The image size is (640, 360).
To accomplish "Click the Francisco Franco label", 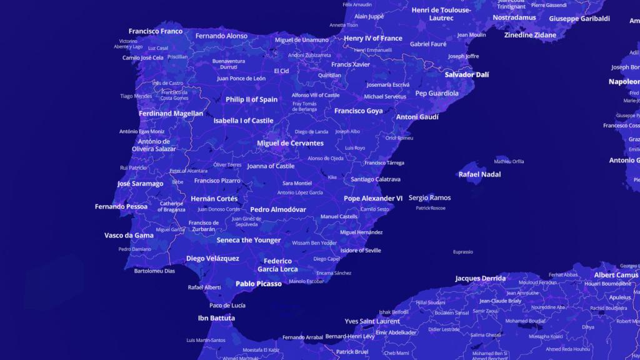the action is click(156, 31).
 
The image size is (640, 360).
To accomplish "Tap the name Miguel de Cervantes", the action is click(290, 143).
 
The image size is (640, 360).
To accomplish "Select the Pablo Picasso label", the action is click(258, 284).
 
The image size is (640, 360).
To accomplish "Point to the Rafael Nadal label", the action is click(479, 174).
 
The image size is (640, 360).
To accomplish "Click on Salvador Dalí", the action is click(466, 74).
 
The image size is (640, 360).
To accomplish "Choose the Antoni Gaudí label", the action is click(417, 117).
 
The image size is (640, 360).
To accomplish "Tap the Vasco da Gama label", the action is click(129, 236).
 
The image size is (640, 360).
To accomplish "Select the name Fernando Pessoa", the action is click(121, 207).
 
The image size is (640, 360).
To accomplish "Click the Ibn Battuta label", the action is click(216, 318).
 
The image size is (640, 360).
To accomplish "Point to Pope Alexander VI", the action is click(373, 199).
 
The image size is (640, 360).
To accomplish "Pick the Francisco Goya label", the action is click(358, 111).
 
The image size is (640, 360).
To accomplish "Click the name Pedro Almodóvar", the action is click(278, 210).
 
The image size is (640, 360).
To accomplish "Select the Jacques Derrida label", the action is click(480, 279).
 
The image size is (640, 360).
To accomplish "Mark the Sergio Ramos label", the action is click(429, 198).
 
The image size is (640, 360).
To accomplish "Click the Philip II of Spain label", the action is click(251, 99).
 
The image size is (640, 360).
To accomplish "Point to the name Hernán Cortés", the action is click(214, 199).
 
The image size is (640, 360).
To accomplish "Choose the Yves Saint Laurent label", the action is click(372, 321).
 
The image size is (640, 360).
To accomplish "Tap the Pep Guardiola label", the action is click(437, 94).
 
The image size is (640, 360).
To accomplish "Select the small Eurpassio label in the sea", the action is click(463, 252).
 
